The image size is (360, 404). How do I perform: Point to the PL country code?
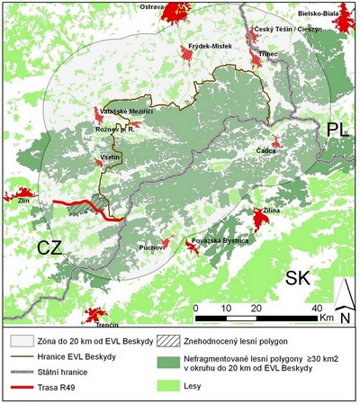[338, 129]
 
